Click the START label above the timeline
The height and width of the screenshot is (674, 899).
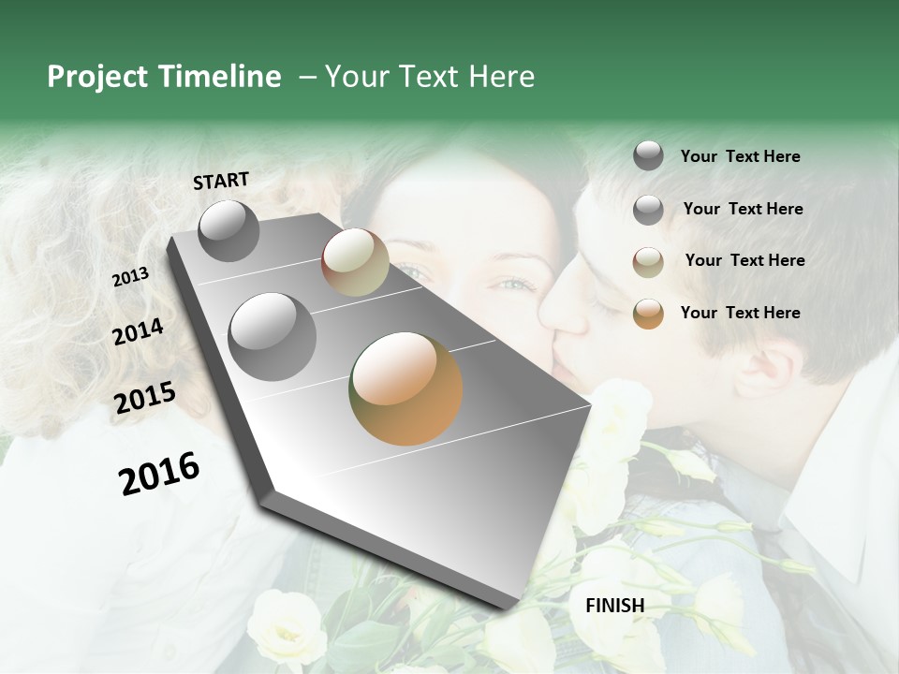click(x=221, y=180)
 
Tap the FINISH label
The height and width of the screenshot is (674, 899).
click(x=615, y=606)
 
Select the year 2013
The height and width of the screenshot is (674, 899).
click(x=130, y=277)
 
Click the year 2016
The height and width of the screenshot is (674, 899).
click(x=159, y=474)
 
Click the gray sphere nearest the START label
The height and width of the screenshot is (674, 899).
click(x=228, y=230)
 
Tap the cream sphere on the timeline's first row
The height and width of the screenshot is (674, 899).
click(x=355, y=262)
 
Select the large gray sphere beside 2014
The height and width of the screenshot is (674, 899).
click(x=273, y=336)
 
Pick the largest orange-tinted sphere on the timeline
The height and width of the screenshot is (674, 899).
click(x=405, y=388)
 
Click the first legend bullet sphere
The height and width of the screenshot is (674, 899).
click(x=648, y=156)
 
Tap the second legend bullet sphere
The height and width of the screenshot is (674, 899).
click(x=648, y=210)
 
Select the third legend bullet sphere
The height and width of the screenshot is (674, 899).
click(x=648, y=261)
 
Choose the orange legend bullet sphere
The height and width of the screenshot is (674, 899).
click(x=648, y=314)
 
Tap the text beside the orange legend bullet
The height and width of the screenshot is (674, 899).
click(x=740, y=313)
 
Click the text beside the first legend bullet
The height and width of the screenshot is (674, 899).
click(x=740, y=156)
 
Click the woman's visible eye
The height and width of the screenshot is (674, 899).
click(x=512, y=284)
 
